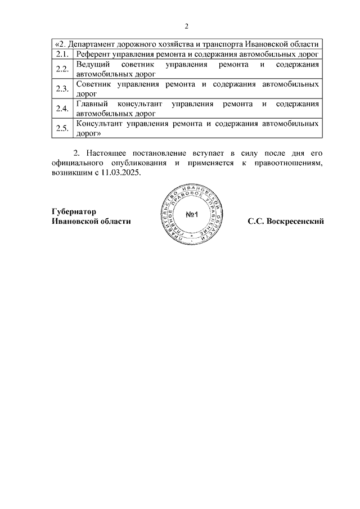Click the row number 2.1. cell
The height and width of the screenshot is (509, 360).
click(x=62, y=54)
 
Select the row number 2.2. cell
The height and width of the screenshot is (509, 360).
click(x=62, y=69)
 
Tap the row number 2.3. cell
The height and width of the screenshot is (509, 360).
click(x=62, y=89)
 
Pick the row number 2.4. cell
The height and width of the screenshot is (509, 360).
click(x=62, y=109)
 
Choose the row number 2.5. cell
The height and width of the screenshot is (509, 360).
click(x=62, y=128)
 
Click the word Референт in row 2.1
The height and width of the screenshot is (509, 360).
click(x=94, y=54)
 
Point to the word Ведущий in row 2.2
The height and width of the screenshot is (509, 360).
click(x=92, y=65)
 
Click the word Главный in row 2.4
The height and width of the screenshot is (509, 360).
click(x=92, y=104)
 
